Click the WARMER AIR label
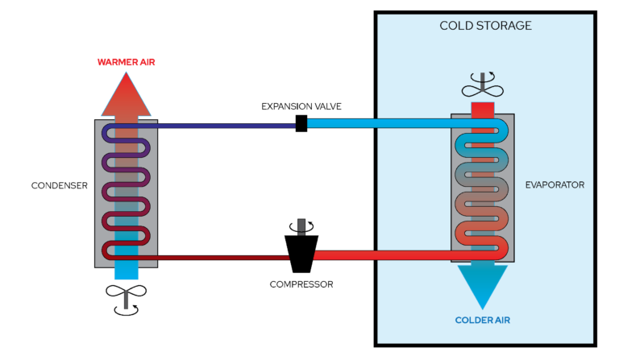(126, 62)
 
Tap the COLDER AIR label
(482, 321)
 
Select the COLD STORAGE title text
(485, 26)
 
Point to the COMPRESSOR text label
(301, 284)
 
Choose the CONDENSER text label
(59, 185)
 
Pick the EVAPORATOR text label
(554, 185)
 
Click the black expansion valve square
(301, 123)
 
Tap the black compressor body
(301, 253)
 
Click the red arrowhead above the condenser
(126, 93)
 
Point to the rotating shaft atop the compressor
(301, 226)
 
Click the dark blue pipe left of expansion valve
(226, 125)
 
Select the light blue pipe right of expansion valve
(379, 123)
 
